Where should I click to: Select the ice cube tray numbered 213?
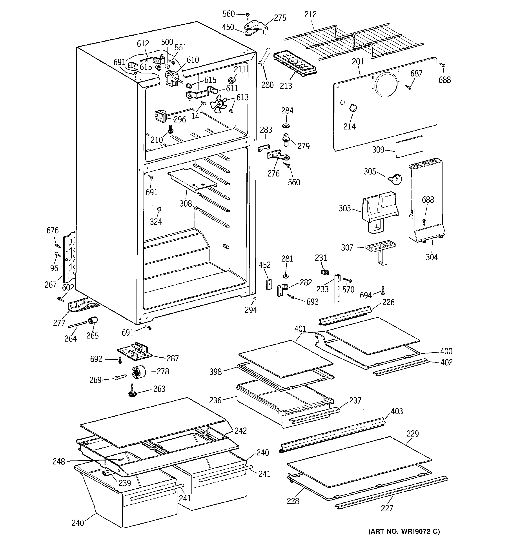(295, 65)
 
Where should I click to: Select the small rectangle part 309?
(409, 146)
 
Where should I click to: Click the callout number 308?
(186, 203)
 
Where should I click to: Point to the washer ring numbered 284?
(286, 126)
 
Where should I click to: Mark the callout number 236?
(215, 400)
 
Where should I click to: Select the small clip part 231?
(325, 272)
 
